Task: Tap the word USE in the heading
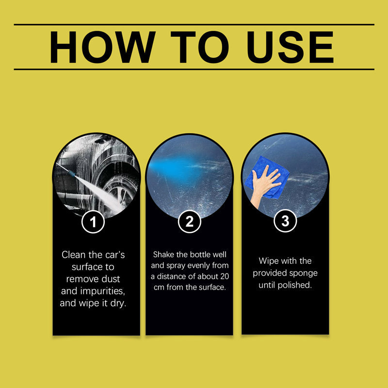[x=287, y=47]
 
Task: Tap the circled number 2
[x=189, y=222]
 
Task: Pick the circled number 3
[x=285, y=222]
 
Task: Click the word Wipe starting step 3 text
[x=269, y=261]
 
